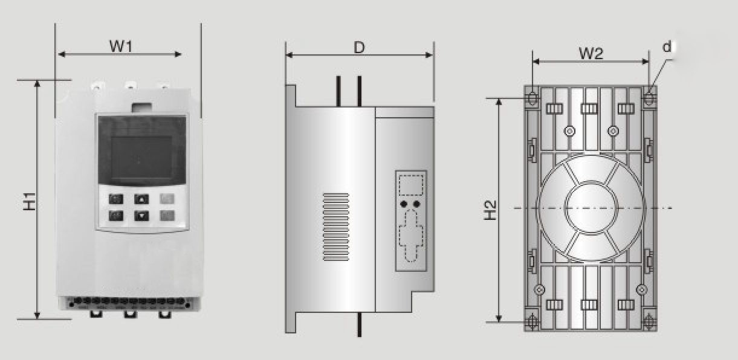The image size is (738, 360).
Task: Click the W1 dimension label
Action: (x=121, y=46)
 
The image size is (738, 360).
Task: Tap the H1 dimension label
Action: (x=30, y=201)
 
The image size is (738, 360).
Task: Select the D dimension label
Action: (x=359, y=48)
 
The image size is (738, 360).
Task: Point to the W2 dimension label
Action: (x=591, y=53)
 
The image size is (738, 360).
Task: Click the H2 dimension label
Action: (x=490, y=210)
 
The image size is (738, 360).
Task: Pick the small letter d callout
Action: (x=667, y=47)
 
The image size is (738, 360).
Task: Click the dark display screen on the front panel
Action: (x=141, y=150)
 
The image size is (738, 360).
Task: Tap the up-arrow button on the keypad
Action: (x=141, y=199)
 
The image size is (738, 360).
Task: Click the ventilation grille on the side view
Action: (x=335, y=227)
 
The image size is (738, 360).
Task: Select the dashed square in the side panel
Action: (x=411, y=185)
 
